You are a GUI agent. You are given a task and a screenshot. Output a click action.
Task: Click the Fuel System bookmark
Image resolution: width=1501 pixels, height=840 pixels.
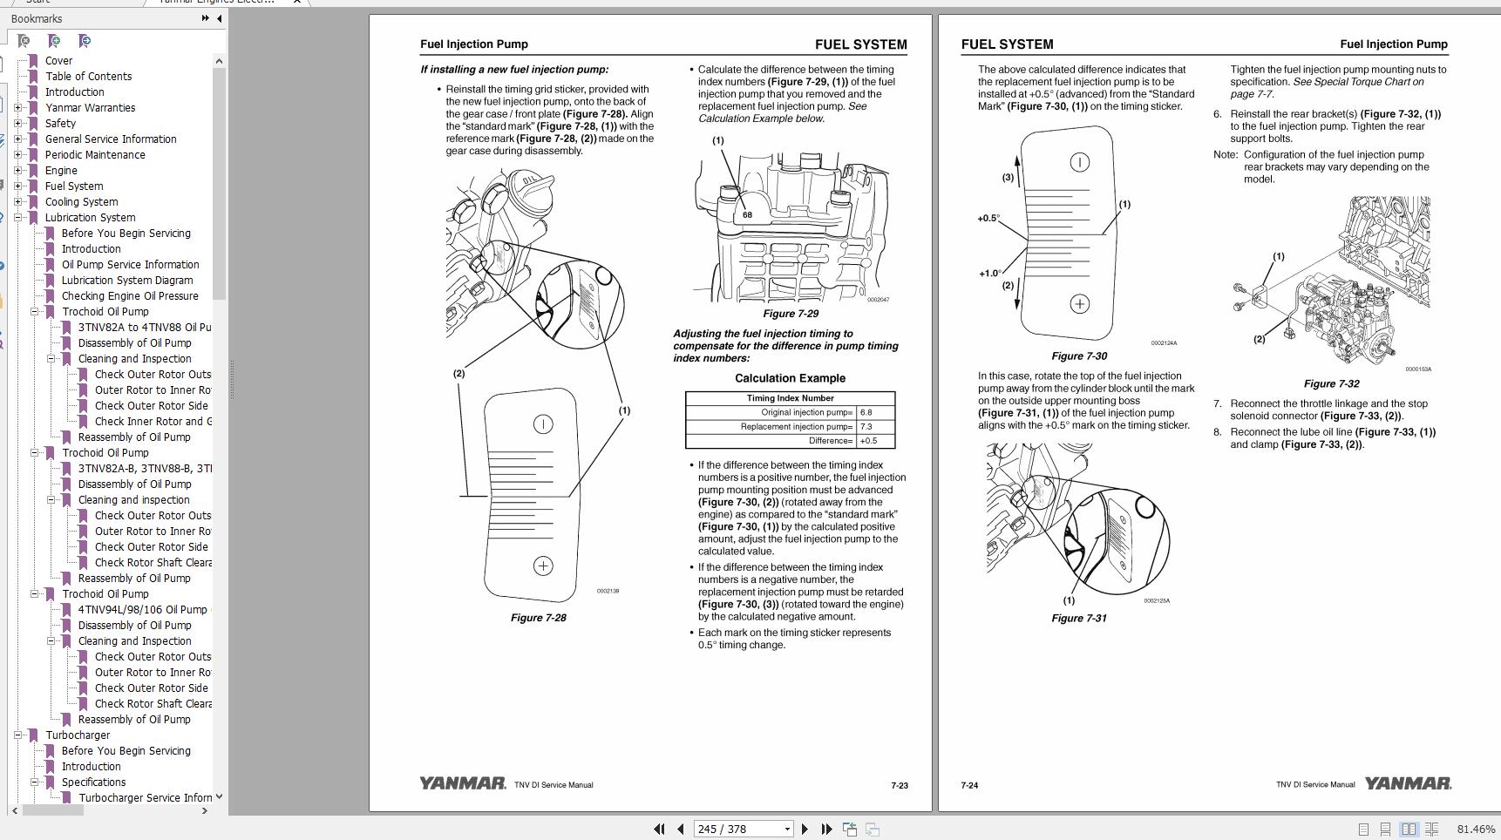coord(74,186)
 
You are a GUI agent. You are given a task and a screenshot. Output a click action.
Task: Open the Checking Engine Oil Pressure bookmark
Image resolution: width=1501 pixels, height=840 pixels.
coord(130,295)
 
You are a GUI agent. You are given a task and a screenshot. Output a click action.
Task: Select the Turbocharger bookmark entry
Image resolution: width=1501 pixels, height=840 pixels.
coord(78,735)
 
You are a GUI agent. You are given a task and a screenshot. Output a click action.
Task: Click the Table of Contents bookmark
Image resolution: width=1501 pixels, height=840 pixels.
coord(88,76)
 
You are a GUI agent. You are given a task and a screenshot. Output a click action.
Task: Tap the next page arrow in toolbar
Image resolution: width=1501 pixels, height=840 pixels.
coord(805,829)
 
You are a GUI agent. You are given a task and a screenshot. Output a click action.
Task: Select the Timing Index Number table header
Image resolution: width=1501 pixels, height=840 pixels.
coord(790,398)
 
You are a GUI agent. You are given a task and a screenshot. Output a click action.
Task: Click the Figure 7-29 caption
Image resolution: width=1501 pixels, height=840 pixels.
coord(790,314)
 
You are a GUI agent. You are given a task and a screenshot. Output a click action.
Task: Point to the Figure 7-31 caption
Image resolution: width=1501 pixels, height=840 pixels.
coord(1078,618)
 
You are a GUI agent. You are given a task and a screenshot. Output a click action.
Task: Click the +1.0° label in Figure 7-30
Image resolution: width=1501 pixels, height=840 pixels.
coord(989,274)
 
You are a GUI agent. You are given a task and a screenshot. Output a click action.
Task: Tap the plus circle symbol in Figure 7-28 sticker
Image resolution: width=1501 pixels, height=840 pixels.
coord(542,566)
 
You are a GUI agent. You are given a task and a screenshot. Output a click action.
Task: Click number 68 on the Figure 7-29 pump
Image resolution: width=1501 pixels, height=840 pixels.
coord(747,214)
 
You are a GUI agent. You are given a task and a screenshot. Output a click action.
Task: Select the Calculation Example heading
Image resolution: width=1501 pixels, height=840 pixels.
coord(790,378)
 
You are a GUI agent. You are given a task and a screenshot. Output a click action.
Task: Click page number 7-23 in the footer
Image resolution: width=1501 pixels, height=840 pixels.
coord(899,785)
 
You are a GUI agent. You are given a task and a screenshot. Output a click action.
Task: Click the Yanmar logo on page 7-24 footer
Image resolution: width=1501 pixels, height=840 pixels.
coord(1407,783)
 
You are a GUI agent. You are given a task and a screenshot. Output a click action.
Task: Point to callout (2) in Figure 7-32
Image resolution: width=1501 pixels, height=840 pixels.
coord(1259,339)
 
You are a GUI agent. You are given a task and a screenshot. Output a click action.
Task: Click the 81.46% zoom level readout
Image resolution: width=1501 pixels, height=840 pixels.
coord(1475,829)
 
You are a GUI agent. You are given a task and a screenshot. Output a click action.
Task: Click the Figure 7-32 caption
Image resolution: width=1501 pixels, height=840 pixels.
coord(1331,383)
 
